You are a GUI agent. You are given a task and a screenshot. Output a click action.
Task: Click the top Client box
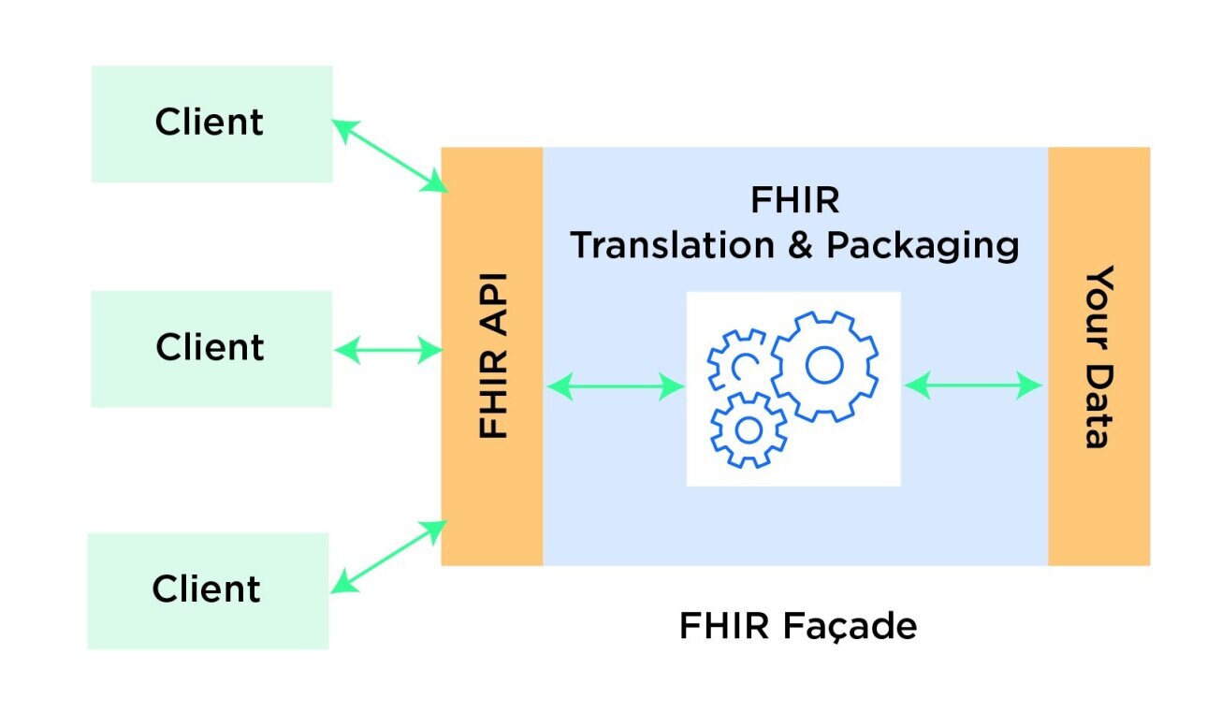coord(211,124)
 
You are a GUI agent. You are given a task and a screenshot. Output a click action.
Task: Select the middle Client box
coord(211,348)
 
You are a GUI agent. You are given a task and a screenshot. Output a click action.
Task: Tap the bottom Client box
coord(208,589)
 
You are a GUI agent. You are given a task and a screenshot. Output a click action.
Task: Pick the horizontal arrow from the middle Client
coord(387,351)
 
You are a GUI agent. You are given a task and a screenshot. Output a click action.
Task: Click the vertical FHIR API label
coord(492,356)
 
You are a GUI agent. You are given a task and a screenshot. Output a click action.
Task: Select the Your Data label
coord(1099,356)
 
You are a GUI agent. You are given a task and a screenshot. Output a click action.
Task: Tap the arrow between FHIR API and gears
coord(616,385)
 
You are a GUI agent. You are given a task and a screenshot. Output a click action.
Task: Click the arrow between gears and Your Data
coord(973,385)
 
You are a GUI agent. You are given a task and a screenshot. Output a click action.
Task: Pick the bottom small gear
coord(748,429)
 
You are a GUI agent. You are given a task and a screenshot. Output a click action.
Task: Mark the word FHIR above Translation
coord(794,200)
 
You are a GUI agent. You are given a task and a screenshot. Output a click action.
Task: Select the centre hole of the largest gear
coord(824,365)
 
